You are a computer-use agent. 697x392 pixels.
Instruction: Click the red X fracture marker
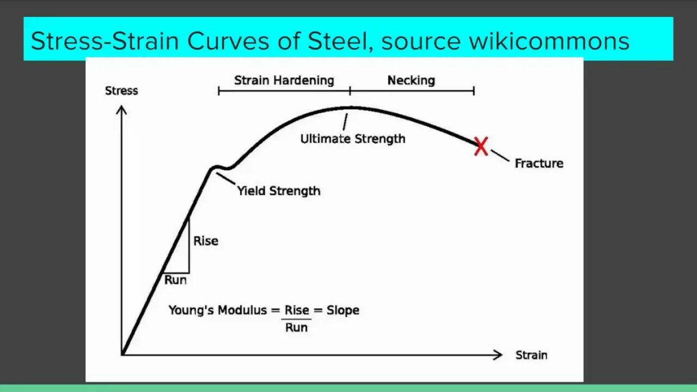481,146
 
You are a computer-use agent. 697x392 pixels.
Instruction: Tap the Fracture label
539,163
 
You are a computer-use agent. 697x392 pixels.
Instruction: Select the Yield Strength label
278,191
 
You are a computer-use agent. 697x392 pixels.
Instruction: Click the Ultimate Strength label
353,139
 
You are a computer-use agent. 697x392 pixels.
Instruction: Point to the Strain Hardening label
284,81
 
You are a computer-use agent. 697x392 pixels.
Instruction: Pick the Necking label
411,81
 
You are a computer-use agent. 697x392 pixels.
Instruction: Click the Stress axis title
121,91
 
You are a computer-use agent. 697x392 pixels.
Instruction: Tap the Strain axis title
531,356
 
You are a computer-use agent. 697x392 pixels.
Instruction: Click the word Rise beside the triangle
206,241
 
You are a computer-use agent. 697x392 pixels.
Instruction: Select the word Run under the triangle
175,280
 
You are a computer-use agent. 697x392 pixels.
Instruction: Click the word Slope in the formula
343,310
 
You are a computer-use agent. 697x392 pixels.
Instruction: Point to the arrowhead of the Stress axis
122,111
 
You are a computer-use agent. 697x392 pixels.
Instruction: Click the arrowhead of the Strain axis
497,355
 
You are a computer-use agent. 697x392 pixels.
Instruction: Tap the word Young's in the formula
191,310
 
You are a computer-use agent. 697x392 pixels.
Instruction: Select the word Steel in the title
342,41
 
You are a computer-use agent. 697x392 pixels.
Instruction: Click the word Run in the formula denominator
296,327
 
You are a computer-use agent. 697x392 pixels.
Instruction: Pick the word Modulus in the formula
242,310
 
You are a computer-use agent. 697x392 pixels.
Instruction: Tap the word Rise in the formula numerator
297,310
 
